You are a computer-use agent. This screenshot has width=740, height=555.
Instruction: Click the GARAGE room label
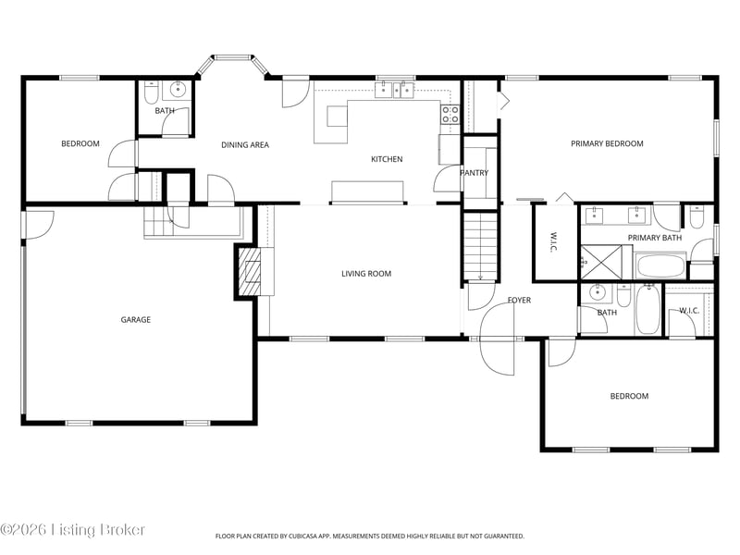point(135,319)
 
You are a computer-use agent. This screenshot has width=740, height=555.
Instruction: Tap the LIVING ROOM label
point(366,273)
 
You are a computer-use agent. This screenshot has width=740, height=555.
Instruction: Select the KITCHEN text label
point(387,159)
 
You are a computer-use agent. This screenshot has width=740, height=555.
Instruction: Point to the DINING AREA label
point(245,145)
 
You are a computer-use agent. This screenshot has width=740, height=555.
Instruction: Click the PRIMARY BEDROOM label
point(607,143)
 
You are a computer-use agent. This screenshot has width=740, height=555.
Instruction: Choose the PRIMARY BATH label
point(655,238)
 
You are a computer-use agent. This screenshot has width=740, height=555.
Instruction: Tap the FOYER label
point(519,300)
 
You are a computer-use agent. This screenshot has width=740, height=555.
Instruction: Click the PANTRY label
point(475,173)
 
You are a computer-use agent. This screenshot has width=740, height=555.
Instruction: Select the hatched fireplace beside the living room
point(249,272)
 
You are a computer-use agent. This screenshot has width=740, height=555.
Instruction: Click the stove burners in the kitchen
point(450,115)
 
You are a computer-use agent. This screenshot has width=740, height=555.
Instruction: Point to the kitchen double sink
point(395,89)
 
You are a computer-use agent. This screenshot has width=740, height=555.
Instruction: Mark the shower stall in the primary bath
point(602,263)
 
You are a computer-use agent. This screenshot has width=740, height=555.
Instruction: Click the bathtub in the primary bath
point(660,266)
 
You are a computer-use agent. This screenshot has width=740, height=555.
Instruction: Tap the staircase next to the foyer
point(480,246)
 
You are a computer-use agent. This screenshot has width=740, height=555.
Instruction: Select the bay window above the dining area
point(232,65)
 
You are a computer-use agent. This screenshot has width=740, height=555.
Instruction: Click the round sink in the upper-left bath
point(178,89)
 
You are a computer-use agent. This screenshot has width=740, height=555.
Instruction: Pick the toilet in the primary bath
point(697,216)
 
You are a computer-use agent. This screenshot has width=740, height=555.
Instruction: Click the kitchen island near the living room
point(367,191)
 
